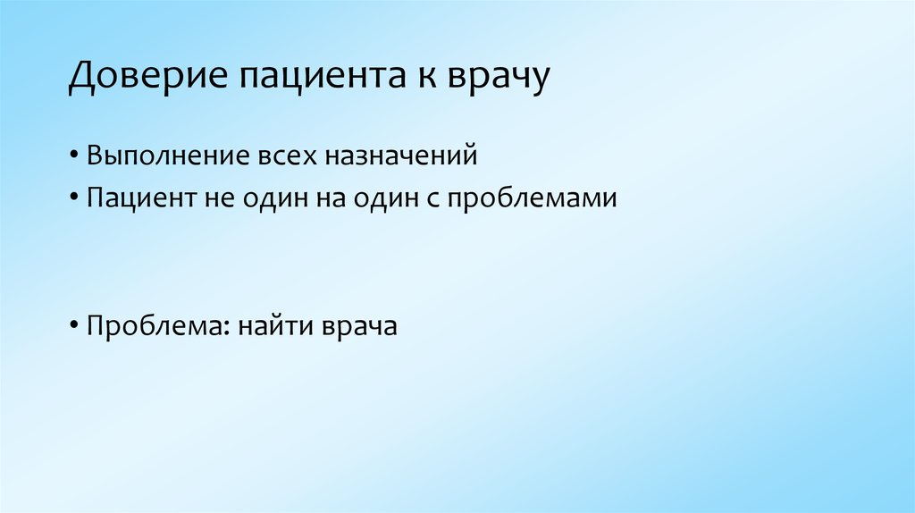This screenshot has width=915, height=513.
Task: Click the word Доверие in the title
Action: coord(147,78)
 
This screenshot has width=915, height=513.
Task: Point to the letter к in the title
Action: coord(424,78)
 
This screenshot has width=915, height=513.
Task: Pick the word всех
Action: coord(285,156)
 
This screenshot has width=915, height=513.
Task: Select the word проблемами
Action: coord(533,198)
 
